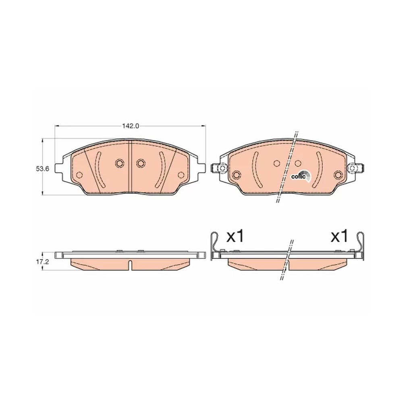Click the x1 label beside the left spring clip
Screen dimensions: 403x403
point(235,237)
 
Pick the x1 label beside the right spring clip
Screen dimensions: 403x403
point(339,237)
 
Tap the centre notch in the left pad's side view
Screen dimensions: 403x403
point(130,265)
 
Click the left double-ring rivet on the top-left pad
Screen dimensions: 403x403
point(119,163)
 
